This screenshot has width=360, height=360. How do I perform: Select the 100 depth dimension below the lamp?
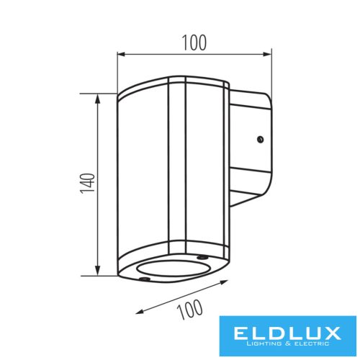189,310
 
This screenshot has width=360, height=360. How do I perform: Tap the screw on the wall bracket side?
261,140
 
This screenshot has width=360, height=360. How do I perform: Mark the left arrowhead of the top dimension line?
121,53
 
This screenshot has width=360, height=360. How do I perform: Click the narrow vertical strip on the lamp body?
178,166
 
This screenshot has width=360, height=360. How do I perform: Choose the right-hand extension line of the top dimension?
272,72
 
